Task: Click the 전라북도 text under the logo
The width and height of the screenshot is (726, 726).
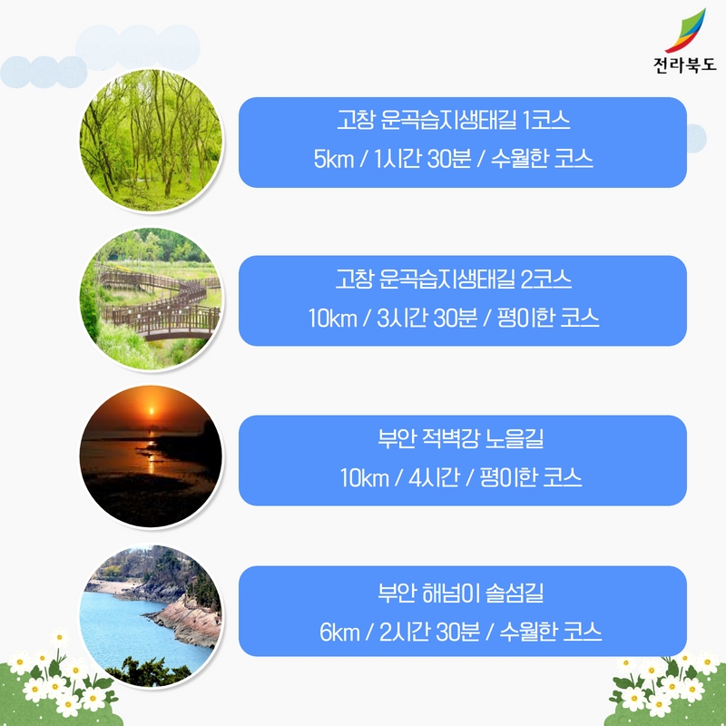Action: point(684,65)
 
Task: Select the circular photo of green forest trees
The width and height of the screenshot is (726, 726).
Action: point(150,142)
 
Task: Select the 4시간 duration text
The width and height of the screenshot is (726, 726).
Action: point(430,477)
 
